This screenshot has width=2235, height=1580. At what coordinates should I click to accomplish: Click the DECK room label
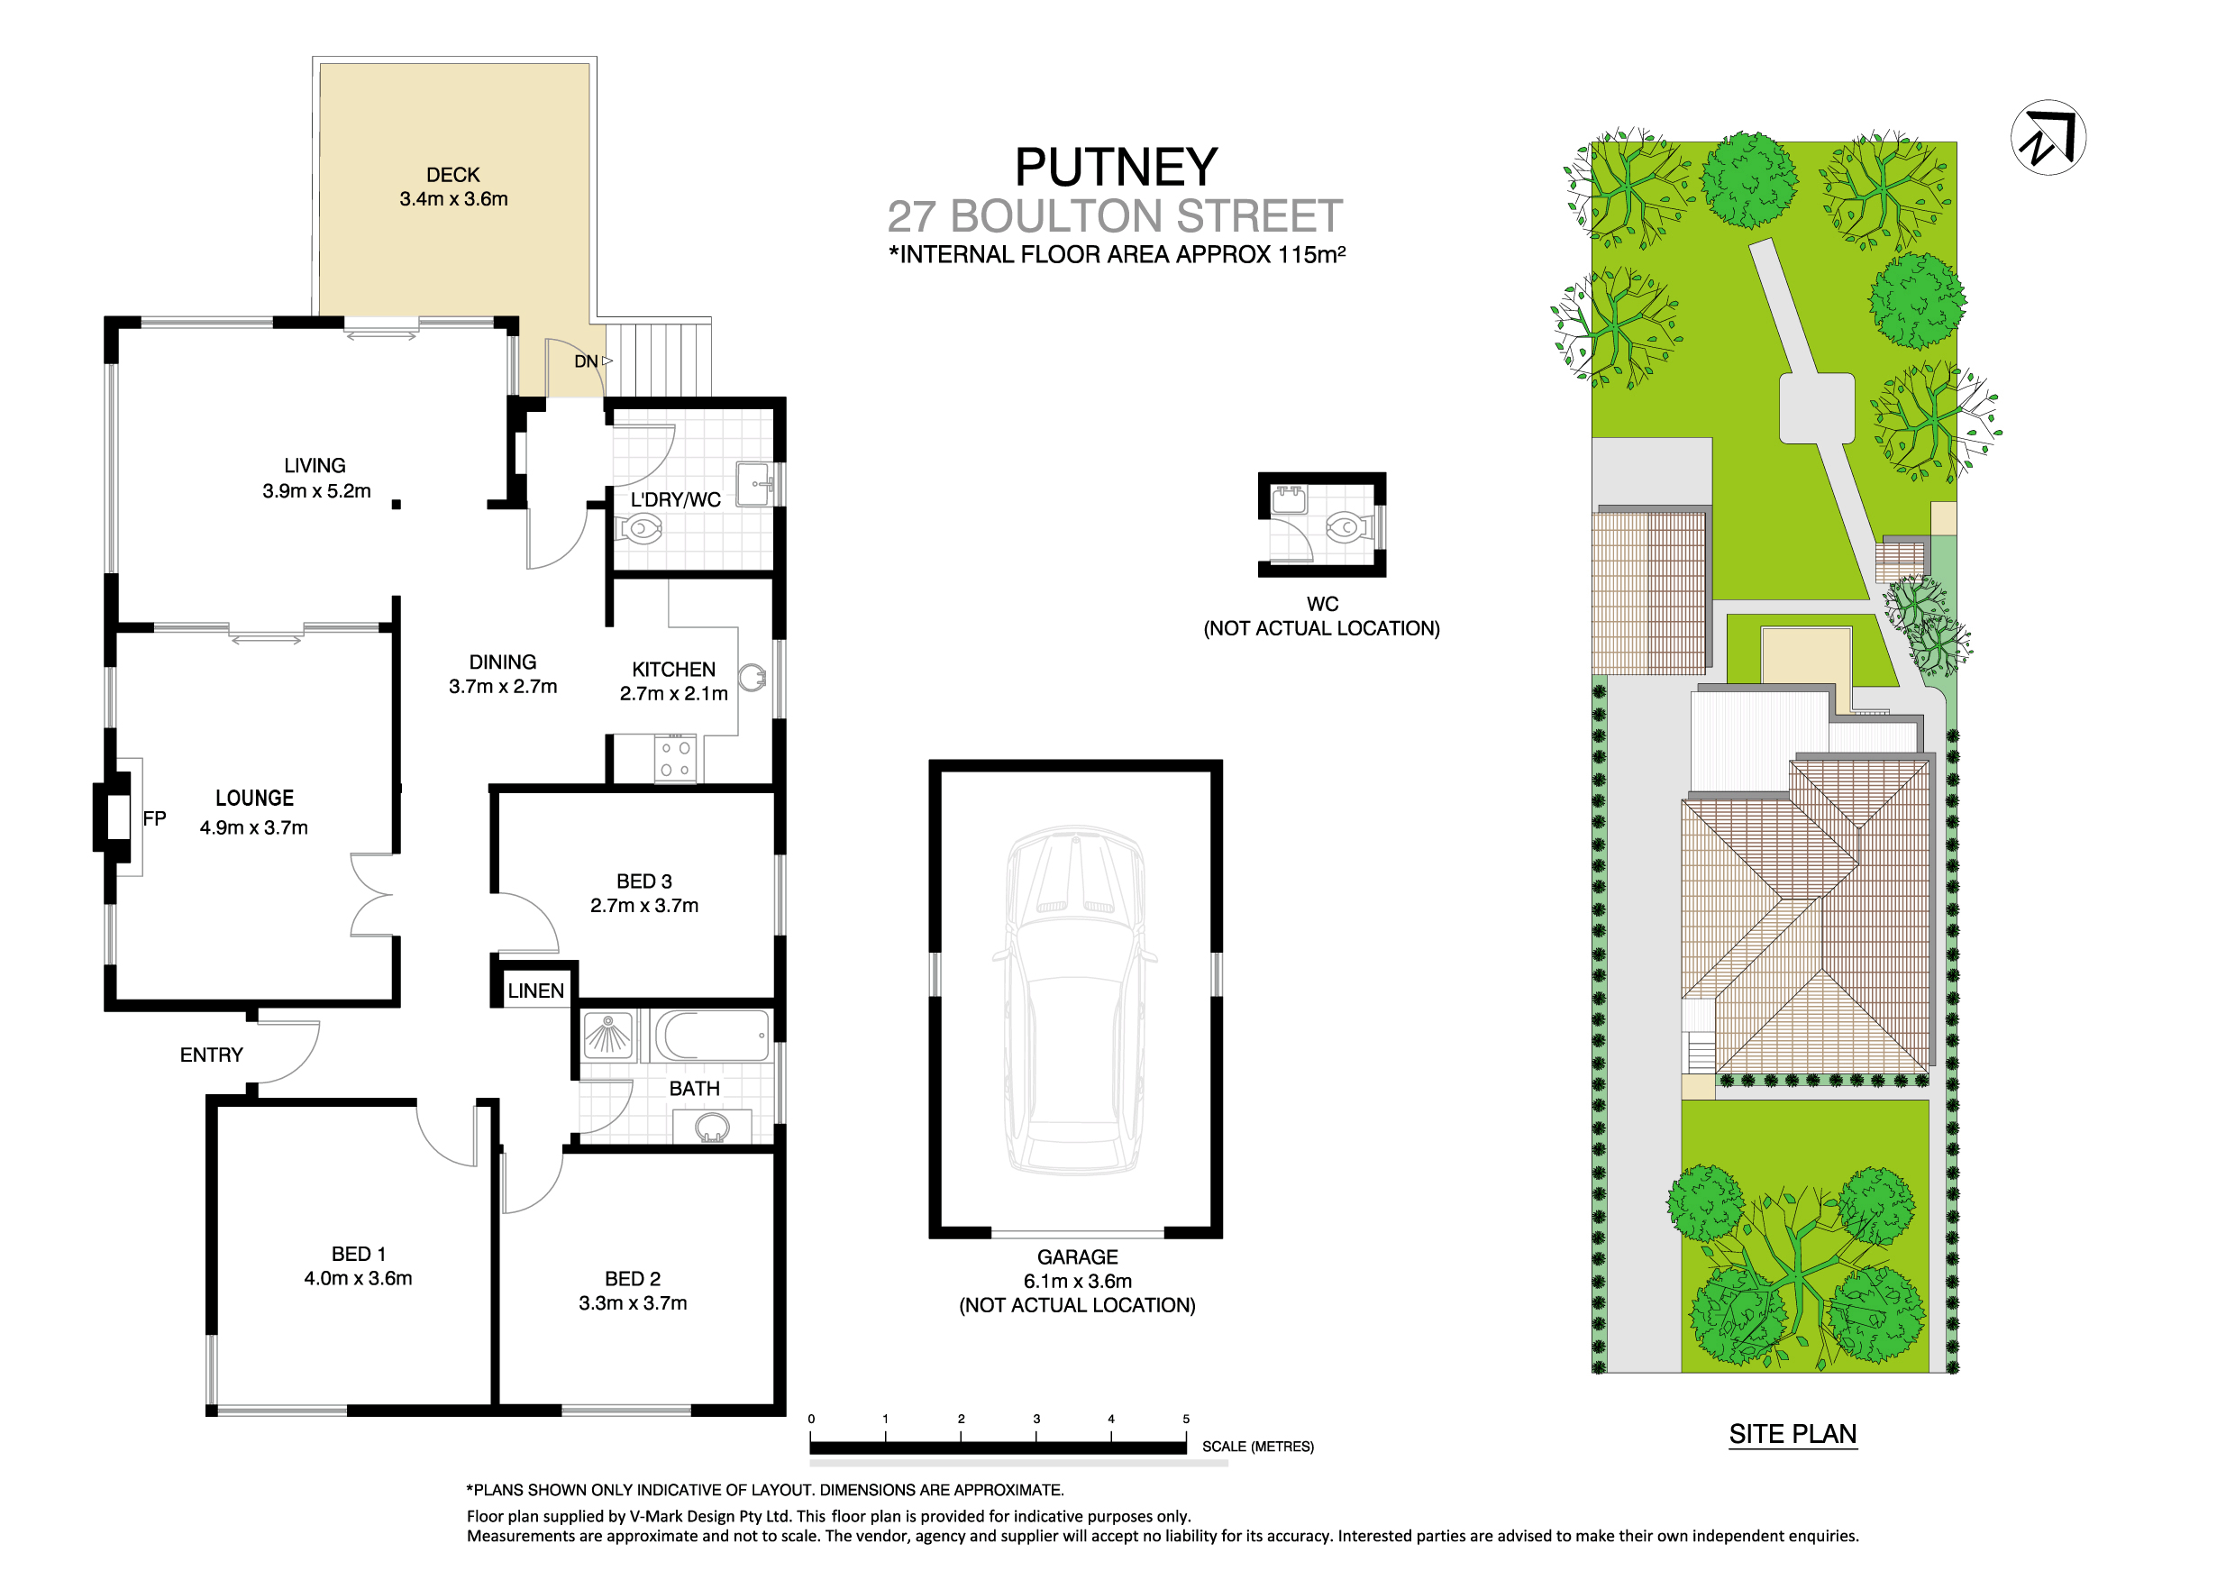pos(452,175)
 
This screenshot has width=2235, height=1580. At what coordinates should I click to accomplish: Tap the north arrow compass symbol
pos(2048,137)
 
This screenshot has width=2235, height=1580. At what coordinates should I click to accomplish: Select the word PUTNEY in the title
pos(1116,168)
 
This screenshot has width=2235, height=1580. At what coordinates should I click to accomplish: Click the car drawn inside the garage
pos(1074,1000)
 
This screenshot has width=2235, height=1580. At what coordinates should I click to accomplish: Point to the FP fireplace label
pos(154,818)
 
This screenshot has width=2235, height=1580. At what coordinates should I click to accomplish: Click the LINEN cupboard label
pos(535,991)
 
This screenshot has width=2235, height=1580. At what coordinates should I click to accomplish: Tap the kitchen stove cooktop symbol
pos(675,759)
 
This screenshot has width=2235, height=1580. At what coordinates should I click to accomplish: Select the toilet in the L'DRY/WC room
pos(640,531)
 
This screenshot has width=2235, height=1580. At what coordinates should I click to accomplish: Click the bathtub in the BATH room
pos(712,1035)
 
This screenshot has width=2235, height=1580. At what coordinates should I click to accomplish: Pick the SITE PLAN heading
pos(1793,1434)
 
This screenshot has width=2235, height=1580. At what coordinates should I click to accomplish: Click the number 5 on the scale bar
pos(1186,1420)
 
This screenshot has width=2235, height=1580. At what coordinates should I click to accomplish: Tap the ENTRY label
pos(211,1055)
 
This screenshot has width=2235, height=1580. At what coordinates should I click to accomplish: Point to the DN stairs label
pos(586,361)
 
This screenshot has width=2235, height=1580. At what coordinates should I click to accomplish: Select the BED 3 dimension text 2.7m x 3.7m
pos(644,905)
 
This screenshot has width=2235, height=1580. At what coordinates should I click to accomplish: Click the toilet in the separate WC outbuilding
pos(1346,527)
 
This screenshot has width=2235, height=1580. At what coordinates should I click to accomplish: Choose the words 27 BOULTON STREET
pos(1115,216)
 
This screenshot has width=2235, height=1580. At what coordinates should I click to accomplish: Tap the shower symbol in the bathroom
pos(608,1035)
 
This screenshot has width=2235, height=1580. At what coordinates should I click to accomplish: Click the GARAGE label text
pos(1077,1257)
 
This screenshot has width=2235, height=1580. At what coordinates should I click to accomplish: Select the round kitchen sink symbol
pos(752,678)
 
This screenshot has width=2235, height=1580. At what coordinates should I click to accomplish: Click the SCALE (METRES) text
pos(1258,1447)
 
